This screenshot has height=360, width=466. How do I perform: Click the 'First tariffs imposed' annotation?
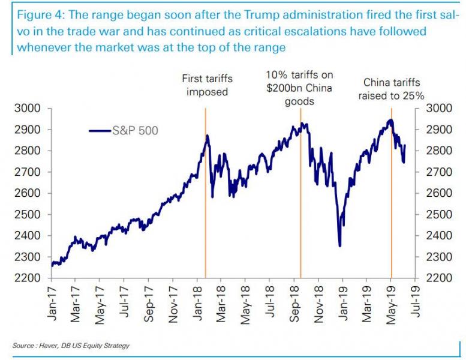point(207,85)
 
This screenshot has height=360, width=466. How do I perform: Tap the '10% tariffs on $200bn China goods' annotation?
point(299,88)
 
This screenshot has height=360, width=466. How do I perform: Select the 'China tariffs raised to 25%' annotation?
point(391,89)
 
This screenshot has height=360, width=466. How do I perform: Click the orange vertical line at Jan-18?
point(206,210)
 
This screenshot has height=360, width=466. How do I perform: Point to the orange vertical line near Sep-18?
point(300,210)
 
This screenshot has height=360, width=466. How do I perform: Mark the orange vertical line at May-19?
point(392,210)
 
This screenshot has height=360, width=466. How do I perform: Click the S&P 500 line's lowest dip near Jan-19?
point(340,245)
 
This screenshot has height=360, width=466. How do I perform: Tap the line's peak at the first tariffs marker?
point(208,136)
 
